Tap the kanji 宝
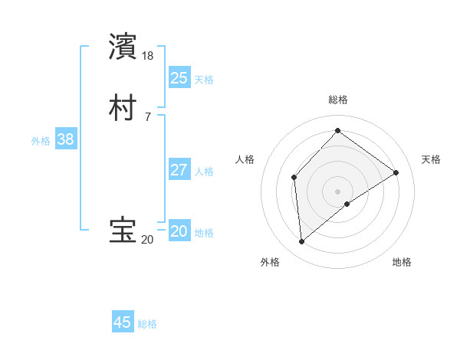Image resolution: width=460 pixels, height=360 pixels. coord(123,231)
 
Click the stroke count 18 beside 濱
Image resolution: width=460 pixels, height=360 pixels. coord(148,56)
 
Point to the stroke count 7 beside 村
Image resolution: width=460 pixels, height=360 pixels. coord(147,117)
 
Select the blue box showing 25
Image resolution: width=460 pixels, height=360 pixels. coord(179,77)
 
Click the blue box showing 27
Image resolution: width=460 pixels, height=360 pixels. coord(179,170)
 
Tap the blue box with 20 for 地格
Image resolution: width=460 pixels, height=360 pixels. coord(179,231)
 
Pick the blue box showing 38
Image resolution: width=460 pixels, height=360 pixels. coord(66,139)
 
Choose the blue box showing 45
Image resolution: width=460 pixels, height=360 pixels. coord(123,322)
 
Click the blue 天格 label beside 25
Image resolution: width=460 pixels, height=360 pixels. coord(204,79)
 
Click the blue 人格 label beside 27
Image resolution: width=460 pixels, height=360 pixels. coord(204,172)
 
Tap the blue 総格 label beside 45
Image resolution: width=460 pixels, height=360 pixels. coord(147,324)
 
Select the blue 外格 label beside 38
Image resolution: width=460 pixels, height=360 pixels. coord(41,141)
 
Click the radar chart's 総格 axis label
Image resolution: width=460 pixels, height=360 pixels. coord(337,100)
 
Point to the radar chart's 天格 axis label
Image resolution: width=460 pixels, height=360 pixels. coord(431,159)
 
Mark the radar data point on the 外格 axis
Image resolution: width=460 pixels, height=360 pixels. coord(301,242)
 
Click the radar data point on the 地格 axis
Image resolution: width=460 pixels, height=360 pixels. coord(347,204)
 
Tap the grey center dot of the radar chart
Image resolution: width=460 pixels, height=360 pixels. coord(337,191)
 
